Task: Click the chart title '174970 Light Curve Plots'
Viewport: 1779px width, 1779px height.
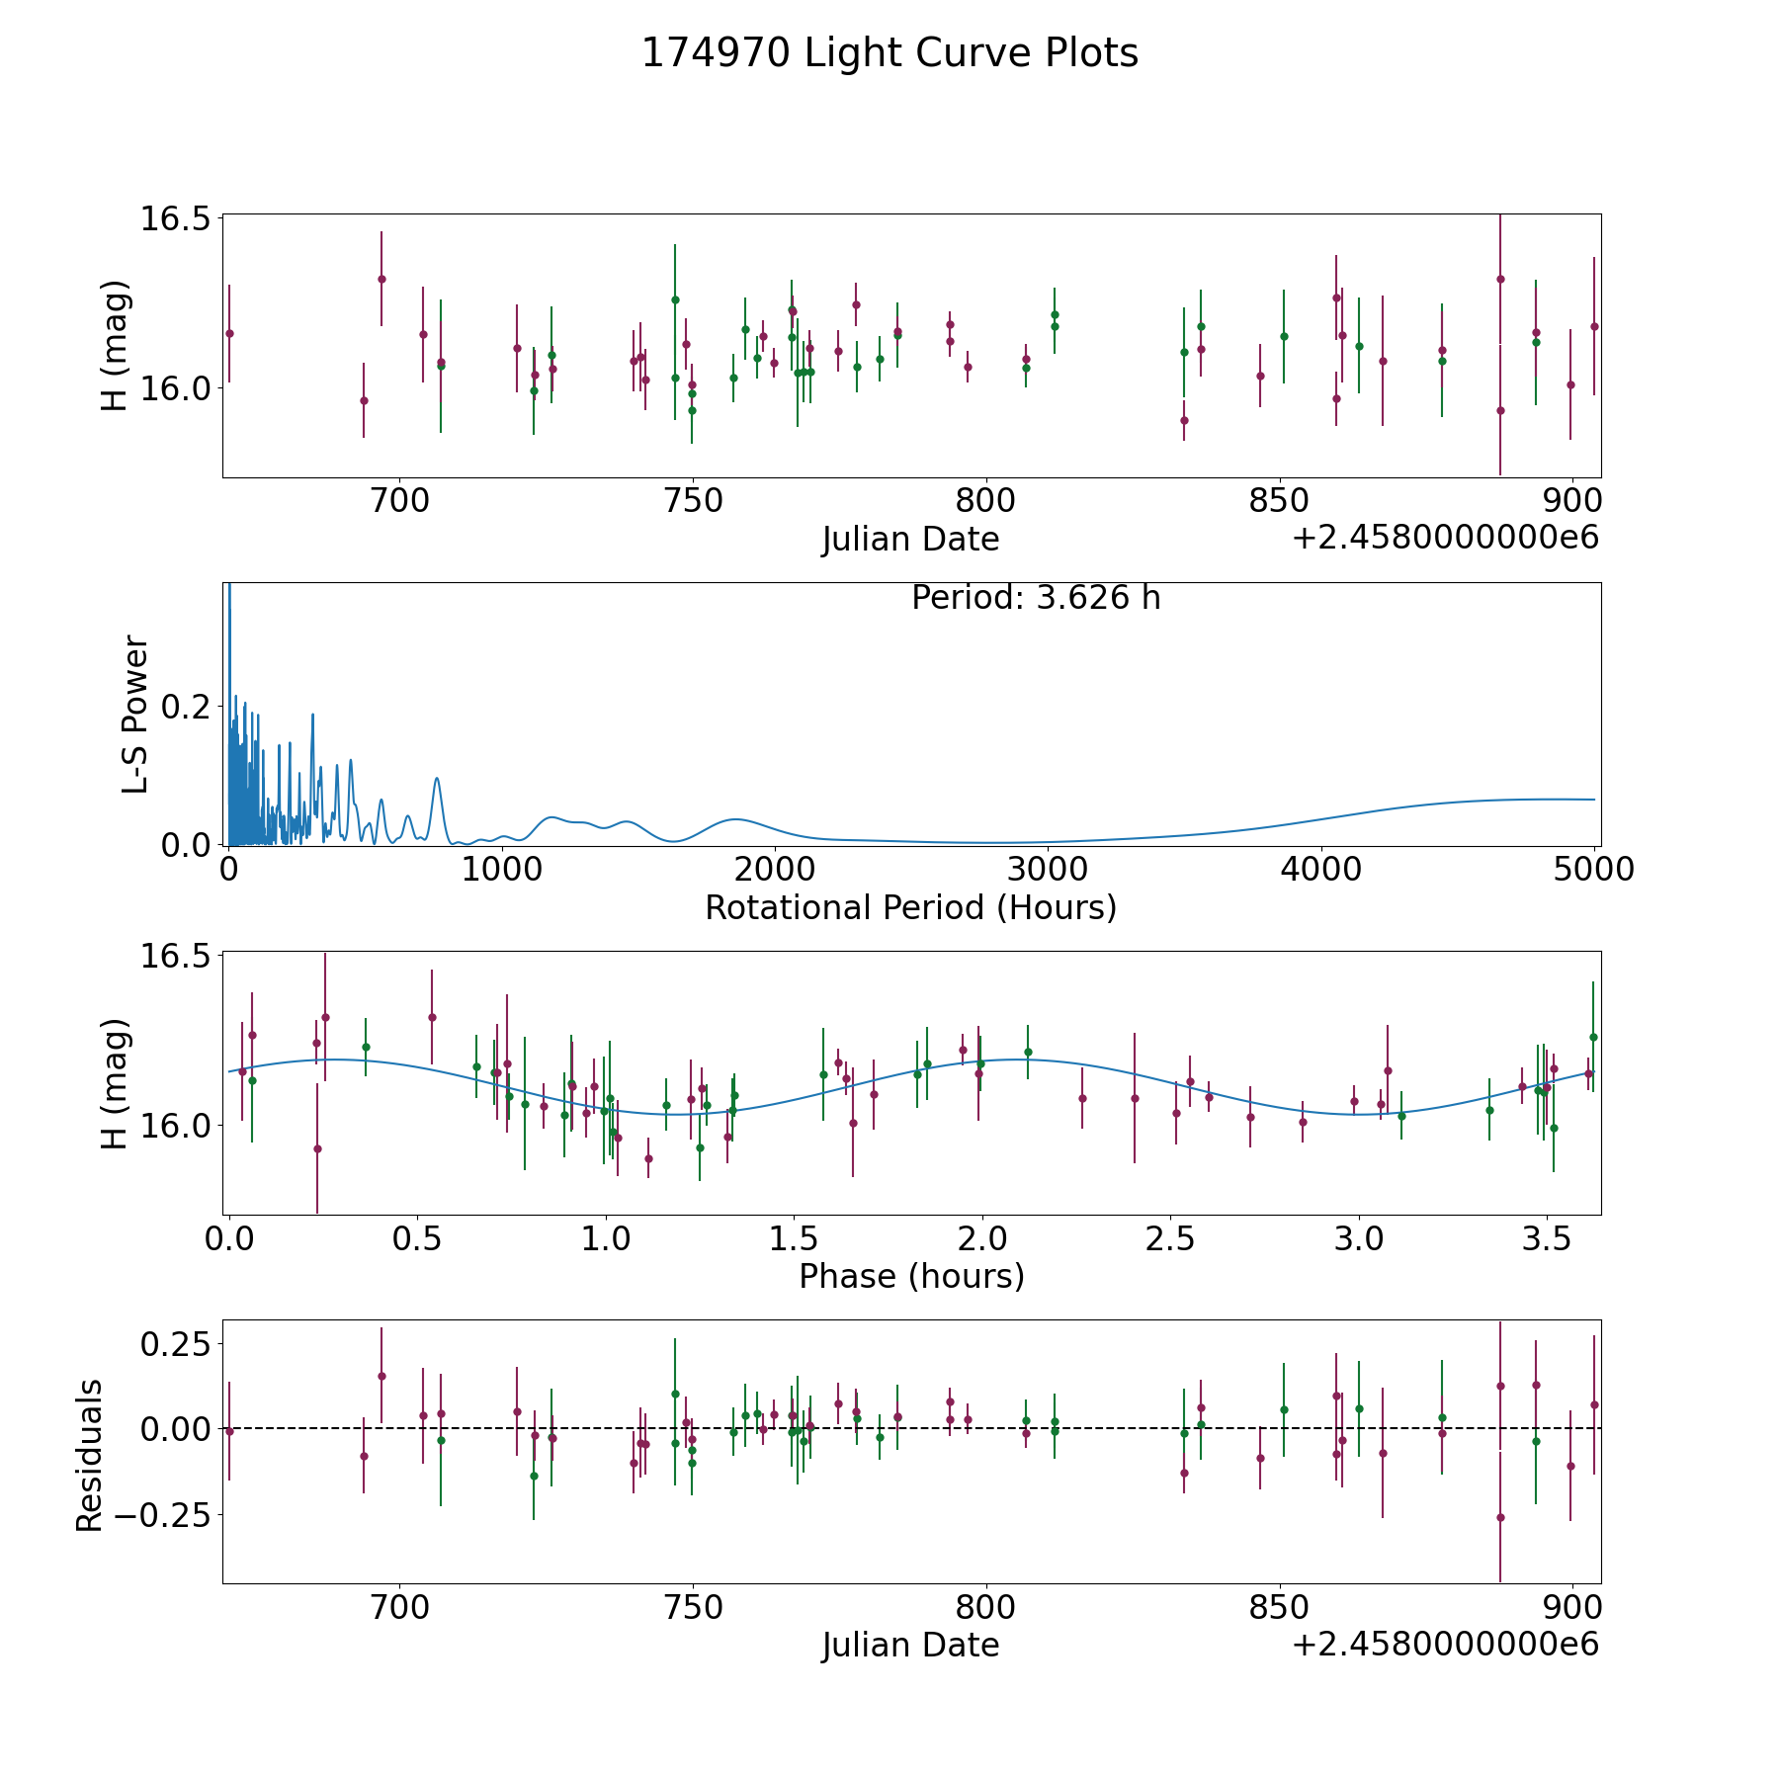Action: tap(889, 53)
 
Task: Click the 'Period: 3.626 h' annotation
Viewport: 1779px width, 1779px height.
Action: tap(1036, 598)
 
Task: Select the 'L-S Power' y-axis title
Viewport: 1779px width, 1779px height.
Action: tap(135, 714)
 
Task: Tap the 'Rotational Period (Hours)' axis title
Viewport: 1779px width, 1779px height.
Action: tap(910, 907)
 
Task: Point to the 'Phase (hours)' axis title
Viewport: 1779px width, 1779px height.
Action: tap(911, 1276)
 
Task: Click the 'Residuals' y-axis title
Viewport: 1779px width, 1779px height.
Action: tap(90, 1455)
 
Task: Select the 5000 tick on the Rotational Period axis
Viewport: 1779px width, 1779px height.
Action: tap(1593, 870)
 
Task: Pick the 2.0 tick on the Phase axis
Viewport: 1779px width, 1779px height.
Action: tap(981, 1238)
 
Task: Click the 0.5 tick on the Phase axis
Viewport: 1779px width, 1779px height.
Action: tap(417, 1238)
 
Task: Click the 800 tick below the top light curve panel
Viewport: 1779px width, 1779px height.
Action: tap(986, 501)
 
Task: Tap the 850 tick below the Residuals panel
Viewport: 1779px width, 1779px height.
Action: tap(1280, 1607)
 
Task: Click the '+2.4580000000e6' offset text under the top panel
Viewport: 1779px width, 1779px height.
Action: tap(1445, 539)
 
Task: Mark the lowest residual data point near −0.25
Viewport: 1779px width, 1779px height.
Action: tap(1500, 1517)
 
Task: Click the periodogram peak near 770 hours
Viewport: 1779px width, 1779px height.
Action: tap(437, 779)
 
